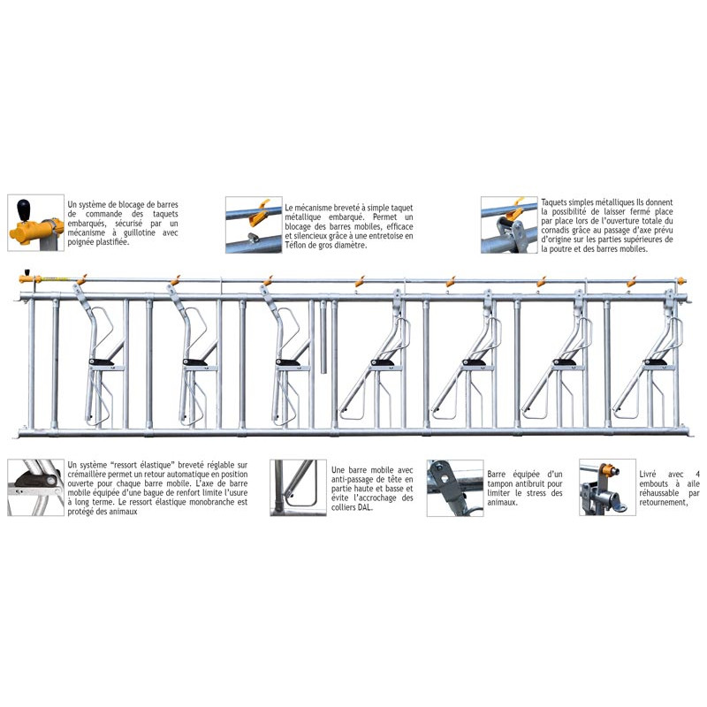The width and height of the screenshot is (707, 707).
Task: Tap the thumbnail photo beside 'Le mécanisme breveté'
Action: tap(253, 224)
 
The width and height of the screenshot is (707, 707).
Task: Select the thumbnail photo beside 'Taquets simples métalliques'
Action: tap(509, 224)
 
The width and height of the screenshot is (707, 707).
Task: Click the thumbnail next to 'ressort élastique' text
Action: tap(34, 487)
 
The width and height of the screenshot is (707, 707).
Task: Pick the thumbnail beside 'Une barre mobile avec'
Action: tap(298, 487)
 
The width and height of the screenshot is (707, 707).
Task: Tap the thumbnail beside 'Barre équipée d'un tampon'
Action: tap(454, 487)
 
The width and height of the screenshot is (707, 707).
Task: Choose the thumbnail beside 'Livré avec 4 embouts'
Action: tap(607, 487)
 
